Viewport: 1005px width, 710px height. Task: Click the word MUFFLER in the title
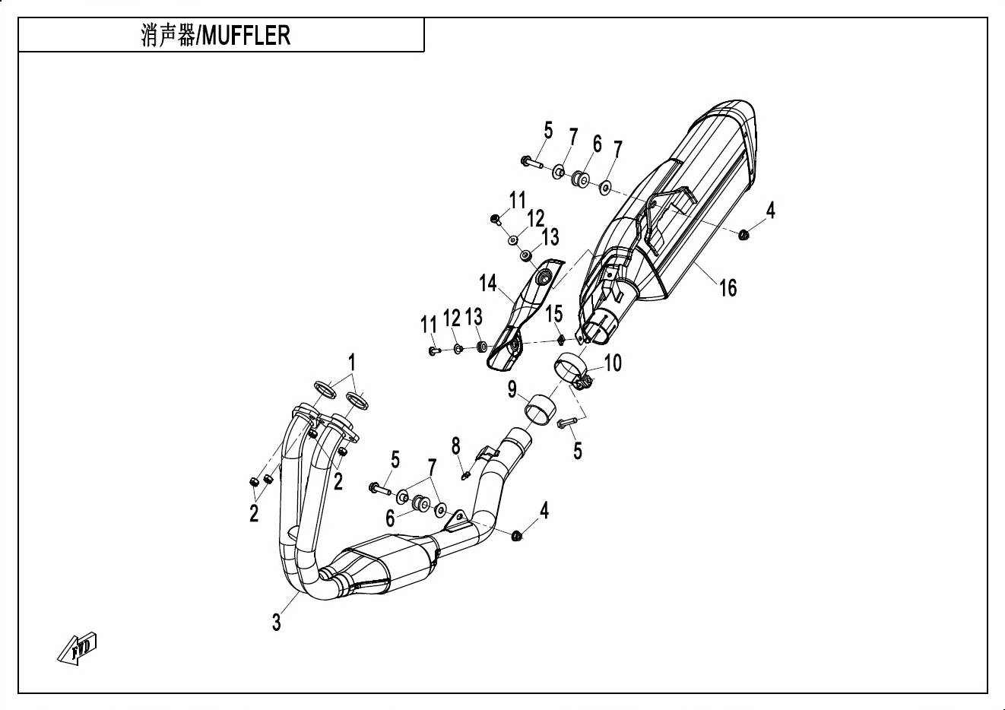(x=245, y=36)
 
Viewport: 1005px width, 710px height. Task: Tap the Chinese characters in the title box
(x=167, y=36)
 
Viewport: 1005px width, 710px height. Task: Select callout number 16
(x=728, y=287)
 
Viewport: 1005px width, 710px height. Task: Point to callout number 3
(x=277, y=622)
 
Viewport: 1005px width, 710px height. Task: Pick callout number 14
(x=487, y=284)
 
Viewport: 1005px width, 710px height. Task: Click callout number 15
(x=553, y=312)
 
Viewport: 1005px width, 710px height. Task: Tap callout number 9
(x=512, y=390)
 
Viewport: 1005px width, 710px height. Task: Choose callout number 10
(x=613, y=363)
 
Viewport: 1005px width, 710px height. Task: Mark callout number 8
(x=455, y=445)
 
